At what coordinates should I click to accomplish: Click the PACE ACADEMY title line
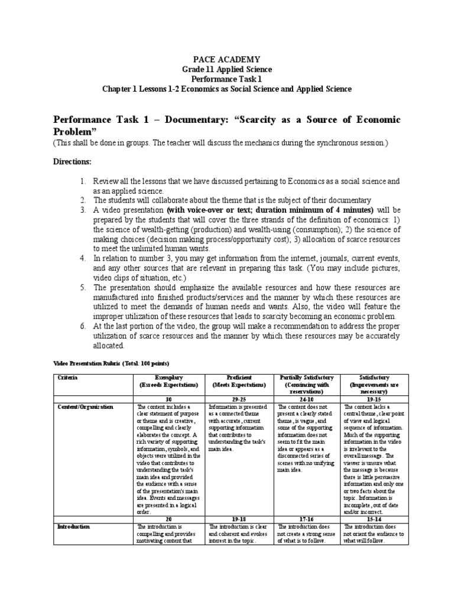(x=227, y=59)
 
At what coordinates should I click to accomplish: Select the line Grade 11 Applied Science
(x=227, y=69)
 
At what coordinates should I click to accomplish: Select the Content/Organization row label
(x=85, y=406)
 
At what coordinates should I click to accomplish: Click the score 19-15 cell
(x=373, y=399)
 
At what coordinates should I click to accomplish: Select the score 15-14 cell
(x=373, y=518)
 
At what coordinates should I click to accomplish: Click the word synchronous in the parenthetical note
(x=339, y=144)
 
